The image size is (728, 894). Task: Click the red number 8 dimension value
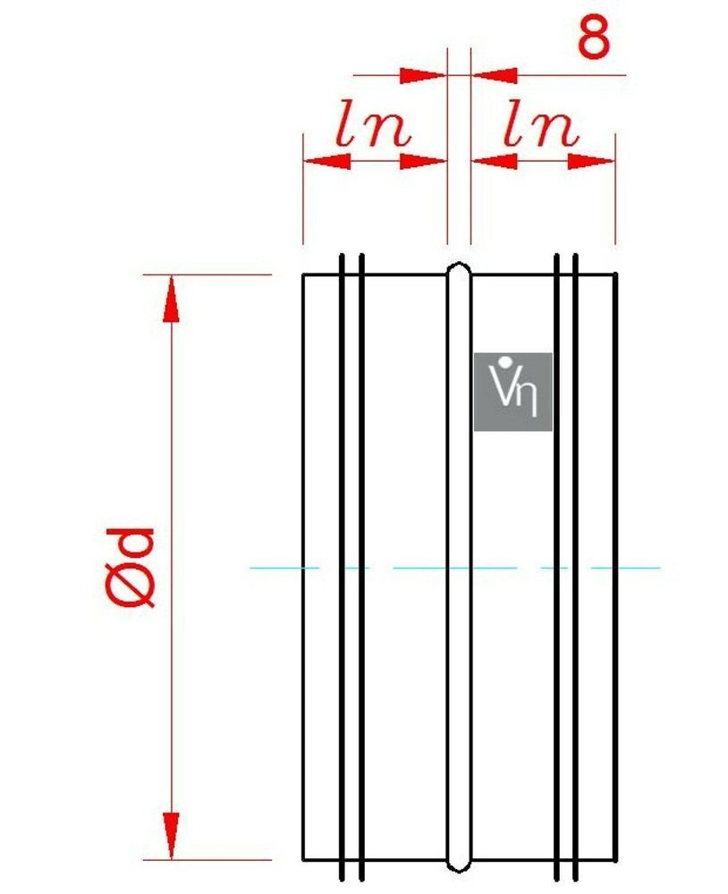[594, 38]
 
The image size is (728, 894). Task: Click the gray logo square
[513, 392]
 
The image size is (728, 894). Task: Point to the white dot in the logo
[504, 361]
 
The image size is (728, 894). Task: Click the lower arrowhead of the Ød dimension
[171, 835]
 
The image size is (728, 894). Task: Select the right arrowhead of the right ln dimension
[591, 161]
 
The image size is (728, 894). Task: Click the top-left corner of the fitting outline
[303, 274]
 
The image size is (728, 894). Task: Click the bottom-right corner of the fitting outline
[615, 859]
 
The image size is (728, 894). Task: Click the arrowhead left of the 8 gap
[423, 75]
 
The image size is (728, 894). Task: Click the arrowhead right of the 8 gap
[495, 75]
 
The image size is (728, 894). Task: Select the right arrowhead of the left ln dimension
[423, 161]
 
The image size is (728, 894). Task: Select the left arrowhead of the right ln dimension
[495, 161]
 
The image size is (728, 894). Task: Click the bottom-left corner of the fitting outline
[303, 859]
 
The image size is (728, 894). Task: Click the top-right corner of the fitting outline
[615, 274]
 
